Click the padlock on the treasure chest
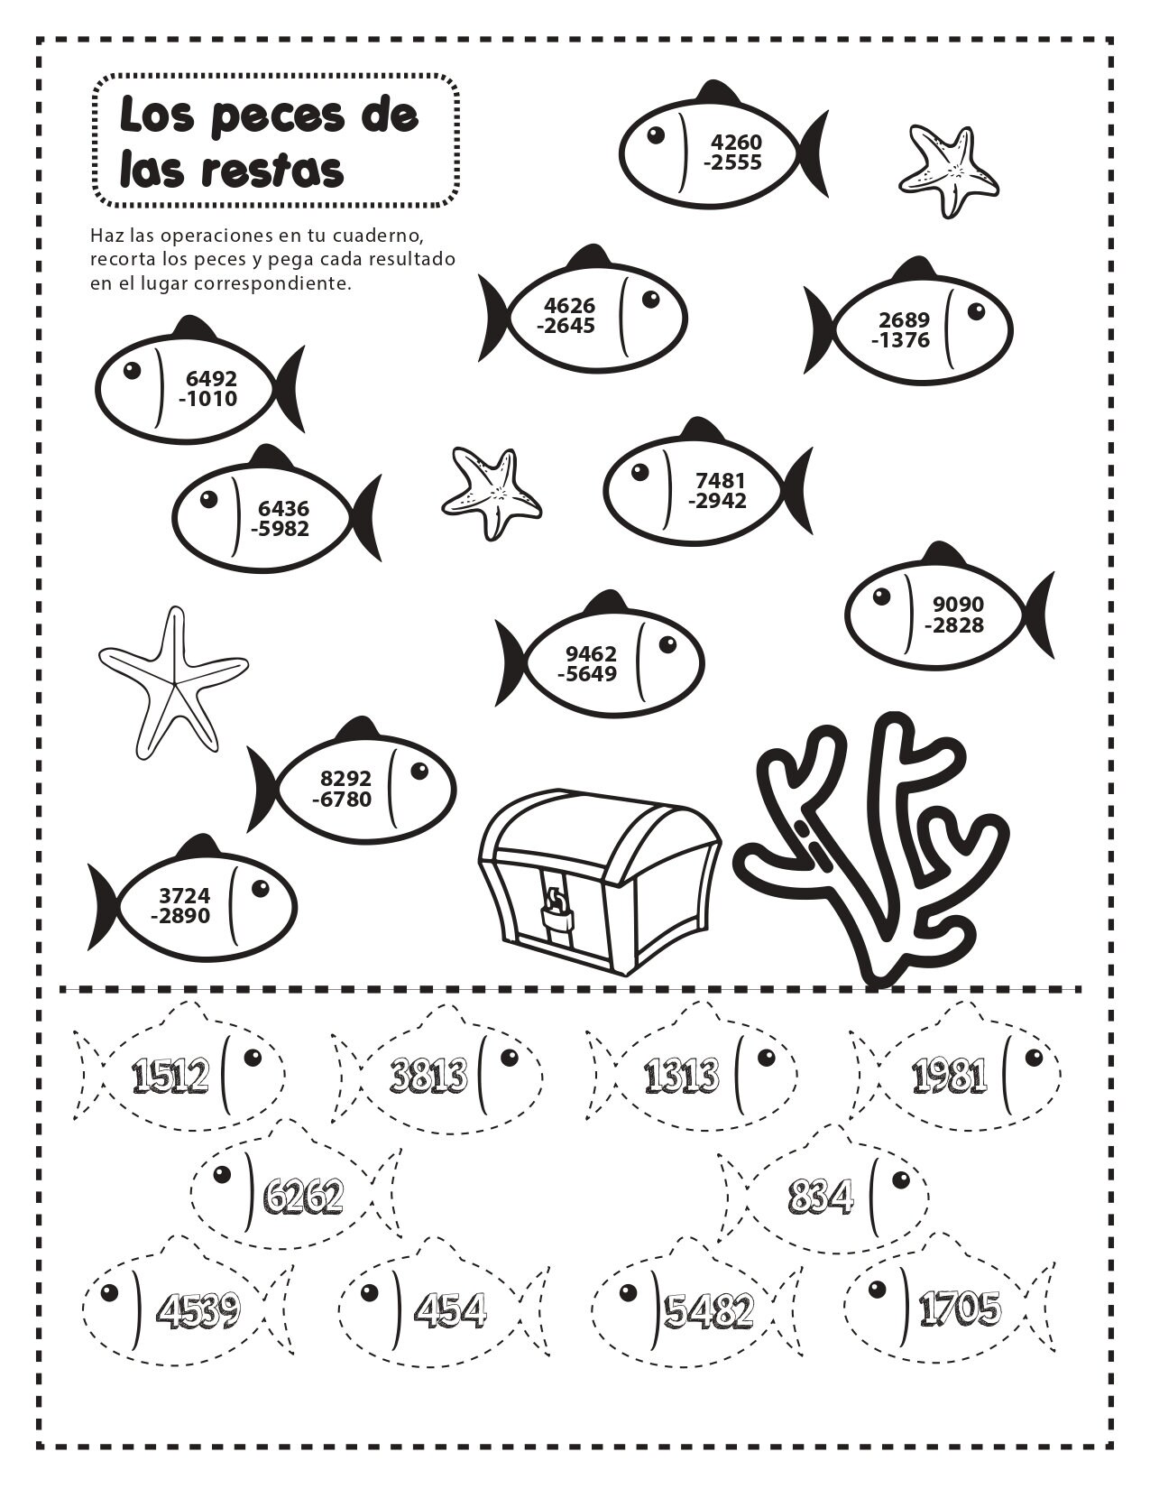(556, 914)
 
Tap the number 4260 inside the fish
(736, 143)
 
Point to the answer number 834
(820, 1197)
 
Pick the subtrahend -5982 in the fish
(280, 529)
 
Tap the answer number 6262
(303, 1197)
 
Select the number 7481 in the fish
(721, 480)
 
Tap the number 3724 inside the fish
(184, 895)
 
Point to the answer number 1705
(960, 1308)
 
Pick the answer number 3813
(428, 1075)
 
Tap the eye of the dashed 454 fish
(369, 1292)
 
